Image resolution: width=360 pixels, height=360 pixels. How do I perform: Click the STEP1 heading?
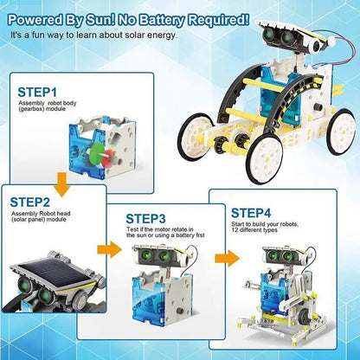click(x=37, y=92)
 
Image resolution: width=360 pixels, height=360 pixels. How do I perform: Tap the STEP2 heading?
click(x=30, y=202)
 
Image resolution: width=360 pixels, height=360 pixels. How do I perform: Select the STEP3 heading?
click(x=146, y=219)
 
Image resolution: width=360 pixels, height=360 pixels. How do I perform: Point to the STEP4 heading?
click(x=251, y=213)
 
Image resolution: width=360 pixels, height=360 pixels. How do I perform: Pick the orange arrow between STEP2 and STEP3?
click(x=110, y=249)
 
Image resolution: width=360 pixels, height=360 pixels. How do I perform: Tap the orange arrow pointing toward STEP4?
click(x=228, y=258)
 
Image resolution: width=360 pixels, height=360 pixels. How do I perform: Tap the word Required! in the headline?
click(x=218, y=20)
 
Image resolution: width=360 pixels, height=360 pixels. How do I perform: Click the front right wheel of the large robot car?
click(x=265, y=157)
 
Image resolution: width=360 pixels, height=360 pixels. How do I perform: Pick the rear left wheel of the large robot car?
click(x=342, y=132)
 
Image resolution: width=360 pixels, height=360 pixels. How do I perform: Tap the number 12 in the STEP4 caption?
click(x=235, y=230)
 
